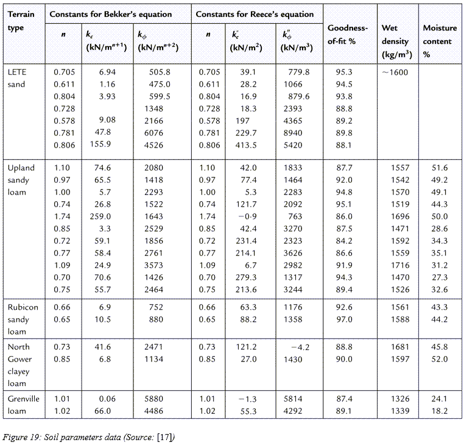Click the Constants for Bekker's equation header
coord(110,14)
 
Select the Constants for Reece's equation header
coord(255,14)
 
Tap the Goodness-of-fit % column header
coord(348,34)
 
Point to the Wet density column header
coord(396,41)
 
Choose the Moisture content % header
coord(440,41)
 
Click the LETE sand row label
coord(17,78)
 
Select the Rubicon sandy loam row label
coord(23,319)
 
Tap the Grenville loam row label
coord(23,405)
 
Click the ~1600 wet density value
coord(395,73)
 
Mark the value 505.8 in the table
coord(160,72)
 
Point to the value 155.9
coord(100,144)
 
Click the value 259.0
coord(100,216)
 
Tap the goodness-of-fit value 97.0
coord(344,319)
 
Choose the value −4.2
coord(300,347)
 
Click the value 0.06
coord(107,399)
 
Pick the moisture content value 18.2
coord(439,411)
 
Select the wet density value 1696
coord(400,216)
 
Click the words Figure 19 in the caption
coord(21,437)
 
